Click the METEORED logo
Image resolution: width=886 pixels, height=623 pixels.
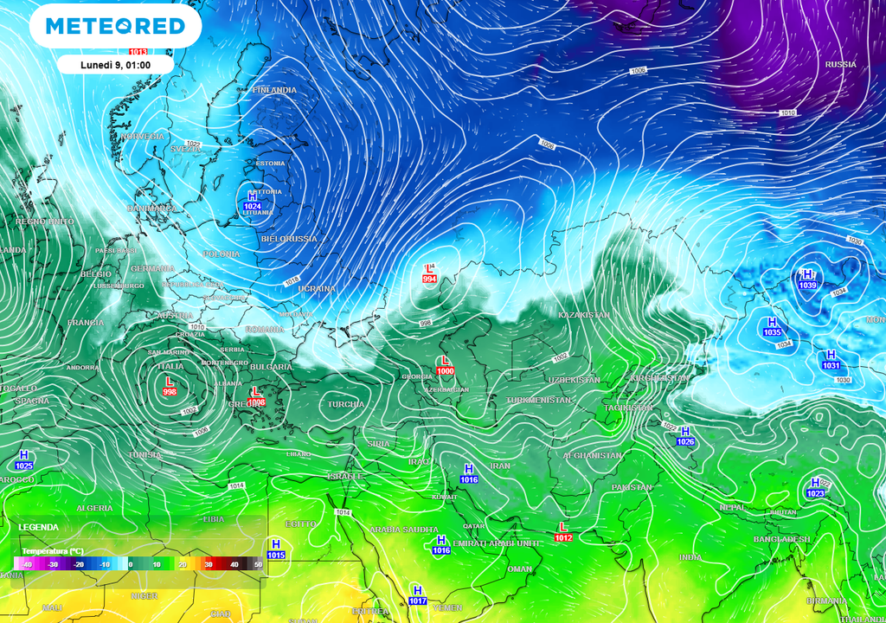[115, 26]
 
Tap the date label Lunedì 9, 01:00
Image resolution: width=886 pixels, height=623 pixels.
[115, 64]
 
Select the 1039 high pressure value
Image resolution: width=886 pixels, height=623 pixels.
[808, 285]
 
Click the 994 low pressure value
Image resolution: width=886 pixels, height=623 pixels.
[429, 279]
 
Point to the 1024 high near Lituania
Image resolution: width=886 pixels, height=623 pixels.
[253, 207]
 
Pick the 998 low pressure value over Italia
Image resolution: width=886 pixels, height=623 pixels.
[170, 391]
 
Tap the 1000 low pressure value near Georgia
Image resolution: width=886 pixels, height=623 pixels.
[446, 371]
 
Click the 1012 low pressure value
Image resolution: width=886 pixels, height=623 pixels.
[563, 537]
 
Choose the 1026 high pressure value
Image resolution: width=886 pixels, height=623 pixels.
[685, 441]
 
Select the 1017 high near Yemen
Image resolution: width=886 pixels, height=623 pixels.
[418, 601]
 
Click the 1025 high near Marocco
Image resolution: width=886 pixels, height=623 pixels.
[24, 466]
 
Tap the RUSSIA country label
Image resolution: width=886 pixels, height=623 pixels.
[840, 65]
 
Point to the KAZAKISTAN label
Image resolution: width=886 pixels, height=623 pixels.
[584, 315]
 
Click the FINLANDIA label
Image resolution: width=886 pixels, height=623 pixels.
[274, 90]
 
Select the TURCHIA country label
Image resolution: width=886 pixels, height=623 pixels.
[346, 405]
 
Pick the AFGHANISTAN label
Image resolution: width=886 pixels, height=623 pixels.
[593, 455]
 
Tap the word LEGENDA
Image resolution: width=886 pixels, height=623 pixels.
[39, 527]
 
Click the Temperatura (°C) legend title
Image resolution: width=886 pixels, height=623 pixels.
[53, 551]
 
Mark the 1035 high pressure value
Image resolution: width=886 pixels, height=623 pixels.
[773, 331]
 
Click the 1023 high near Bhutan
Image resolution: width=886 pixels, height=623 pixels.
[815, 493]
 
